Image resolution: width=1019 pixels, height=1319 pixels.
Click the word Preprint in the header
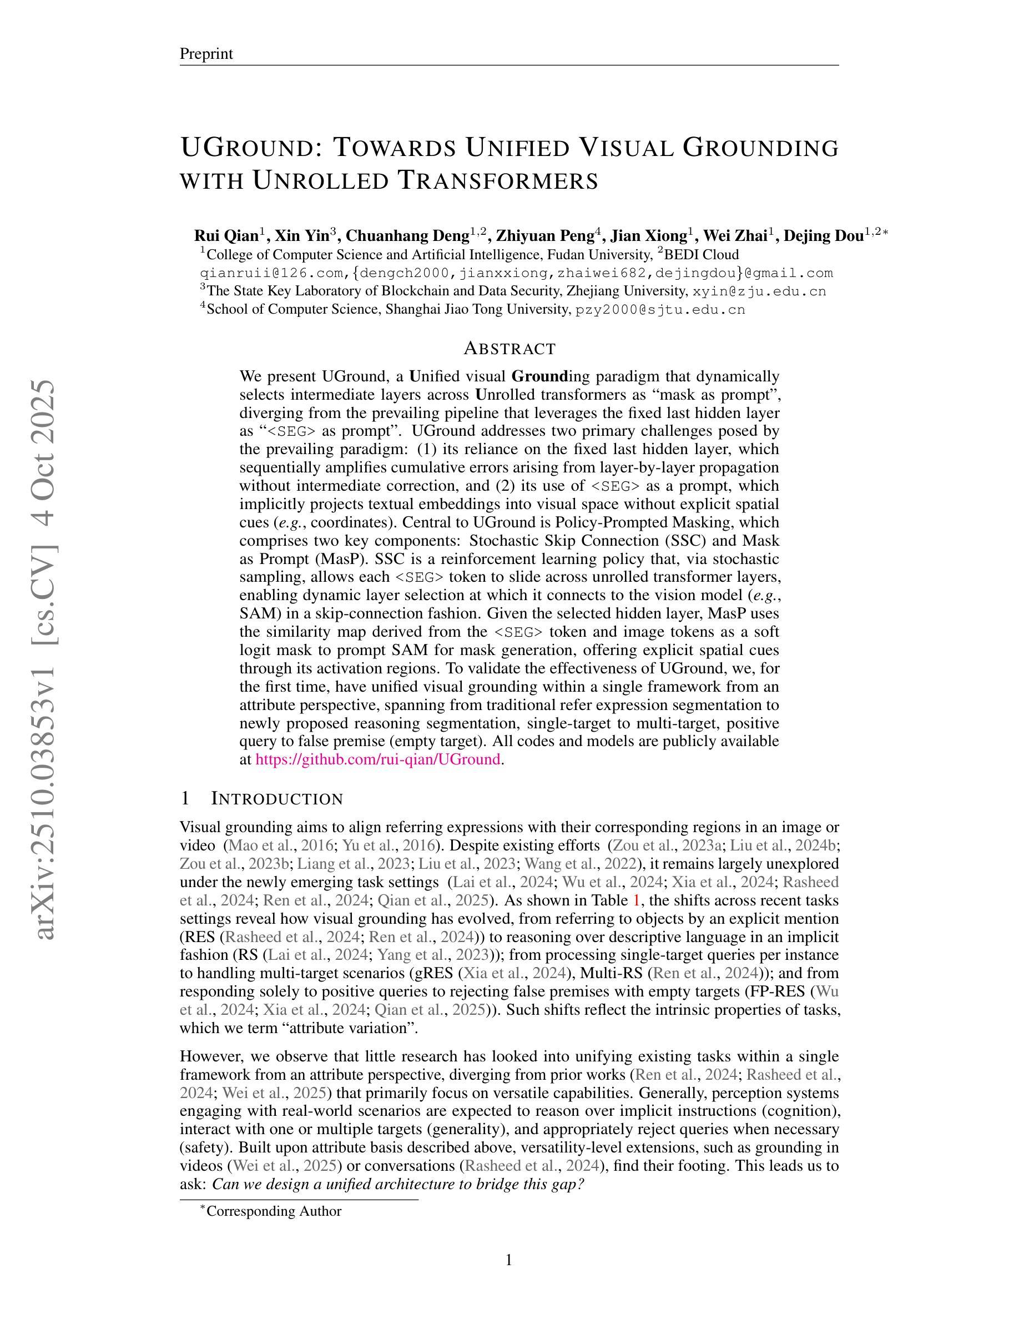(206, 54)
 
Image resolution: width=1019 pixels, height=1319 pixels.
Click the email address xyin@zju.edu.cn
(759, 291)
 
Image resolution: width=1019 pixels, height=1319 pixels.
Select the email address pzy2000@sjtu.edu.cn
(660, 310)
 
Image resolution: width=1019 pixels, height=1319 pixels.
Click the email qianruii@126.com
(273, 273)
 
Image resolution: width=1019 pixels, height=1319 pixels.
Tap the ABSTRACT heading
(509, 349)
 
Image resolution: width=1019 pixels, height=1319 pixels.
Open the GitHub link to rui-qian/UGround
(378, 759)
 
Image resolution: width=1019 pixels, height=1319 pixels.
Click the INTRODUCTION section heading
(276, 798)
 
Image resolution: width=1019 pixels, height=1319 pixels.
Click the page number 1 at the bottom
(509, 1260)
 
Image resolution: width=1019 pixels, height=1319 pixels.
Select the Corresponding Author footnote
(274, 1211)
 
